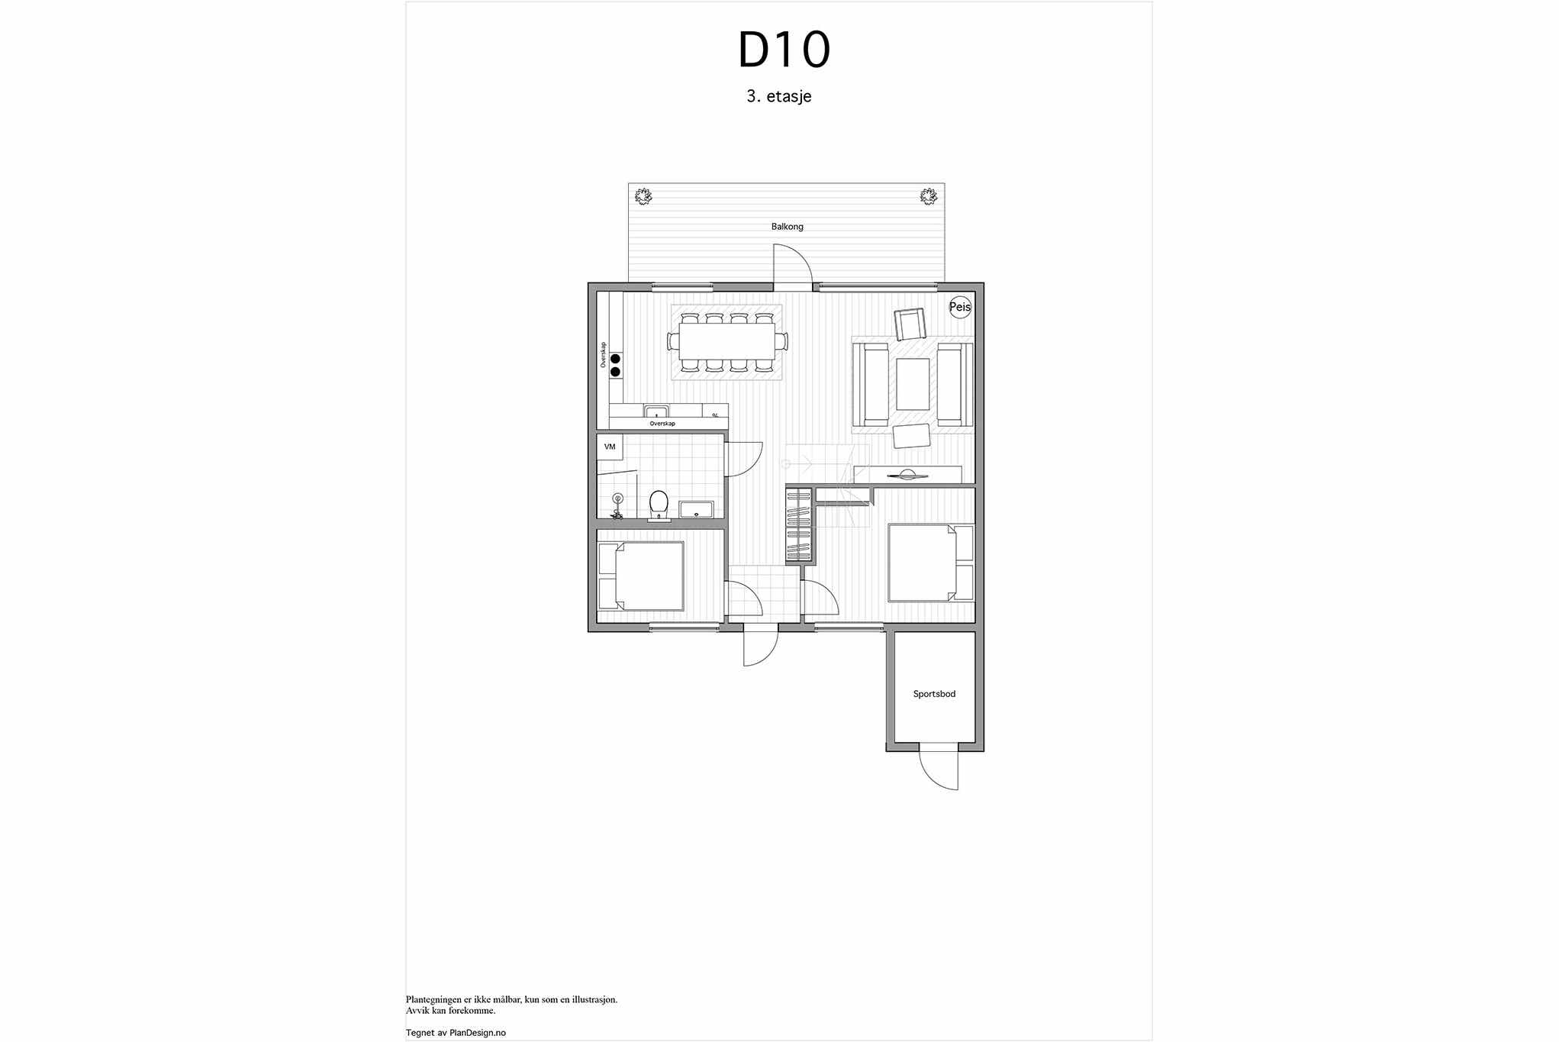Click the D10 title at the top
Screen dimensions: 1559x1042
784,50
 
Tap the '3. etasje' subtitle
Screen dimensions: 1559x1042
779,96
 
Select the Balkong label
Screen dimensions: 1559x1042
787,227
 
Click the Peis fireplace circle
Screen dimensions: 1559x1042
960,307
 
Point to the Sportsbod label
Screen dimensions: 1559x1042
934,694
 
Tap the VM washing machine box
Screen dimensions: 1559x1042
610,447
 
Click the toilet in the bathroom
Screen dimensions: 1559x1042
659,505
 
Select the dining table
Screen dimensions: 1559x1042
726,342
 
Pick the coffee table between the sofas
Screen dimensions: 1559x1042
913,384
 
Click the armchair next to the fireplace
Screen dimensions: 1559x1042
910,324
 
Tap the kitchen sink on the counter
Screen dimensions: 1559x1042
656,411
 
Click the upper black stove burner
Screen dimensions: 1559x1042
615,359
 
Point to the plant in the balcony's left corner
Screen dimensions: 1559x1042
644,197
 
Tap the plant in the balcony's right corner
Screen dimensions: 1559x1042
928,197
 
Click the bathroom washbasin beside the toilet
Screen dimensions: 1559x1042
696,509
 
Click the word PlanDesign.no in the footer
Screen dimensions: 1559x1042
478,1033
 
